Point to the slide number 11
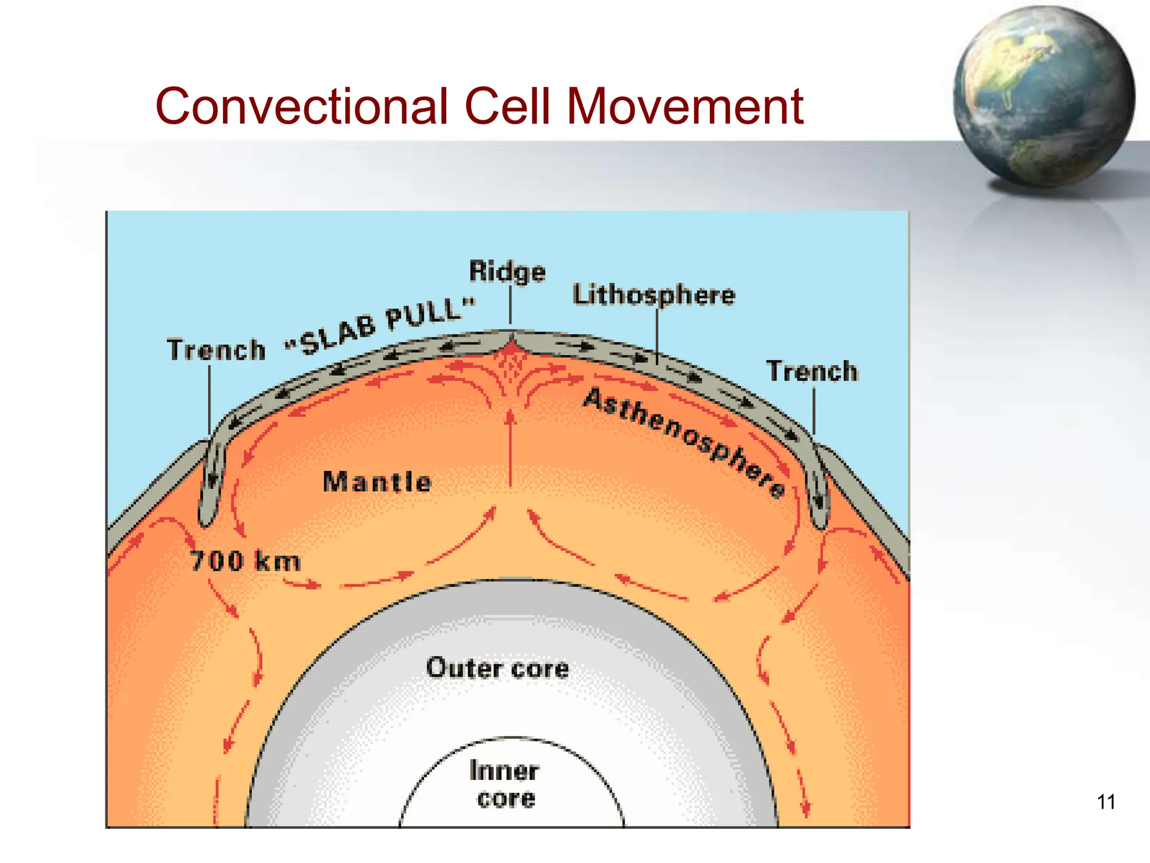click(x=1106, y=802)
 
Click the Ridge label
click(x=507, y=271)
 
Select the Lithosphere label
click(x=654, y=295)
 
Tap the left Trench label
click(x=216, y=349)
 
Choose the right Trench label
click(x=813, y=371)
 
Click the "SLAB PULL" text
click(x=381, y=326)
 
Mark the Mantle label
click(x=377, y=482)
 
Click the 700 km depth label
click(x=245, y=561)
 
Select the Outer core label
click(x=498, y=668)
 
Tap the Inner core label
click(x=505, y=784)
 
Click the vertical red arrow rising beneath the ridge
click(x=510, y=449)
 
